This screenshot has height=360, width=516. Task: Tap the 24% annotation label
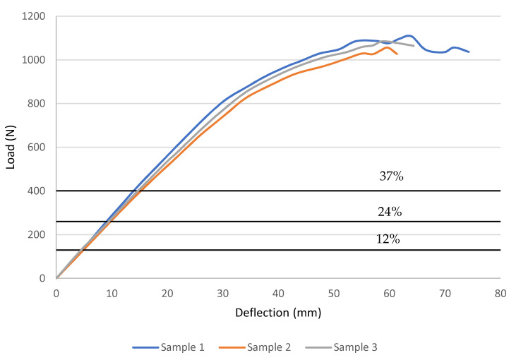(390, 211)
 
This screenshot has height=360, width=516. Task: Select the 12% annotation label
(388, 239)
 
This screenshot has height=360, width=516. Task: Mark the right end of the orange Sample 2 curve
(397, 54)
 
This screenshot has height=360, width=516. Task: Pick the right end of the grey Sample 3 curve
(414, 46)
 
